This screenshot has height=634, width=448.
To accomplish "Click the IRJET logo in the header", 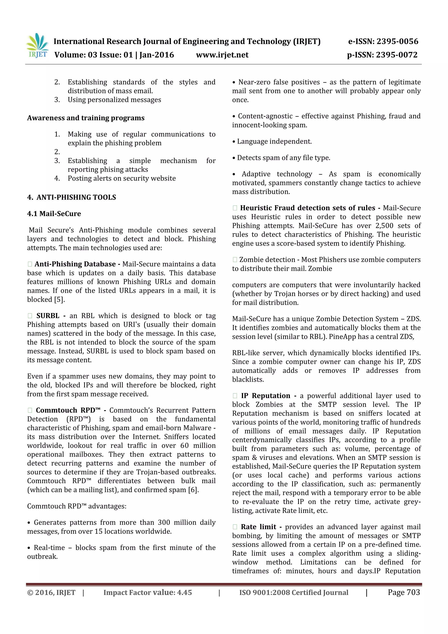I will click(37, 45).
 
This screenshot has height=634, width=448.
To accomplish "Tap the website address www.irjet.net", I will click(222, 55).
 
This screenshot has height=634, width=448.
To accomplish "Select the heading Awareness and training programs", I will click(86, 118).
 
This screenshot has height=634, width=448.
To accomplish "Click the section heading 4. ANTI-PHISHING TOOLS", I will click(72, 197).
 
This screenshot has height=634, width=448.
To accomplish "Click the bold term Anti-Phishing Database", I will click(75, 264).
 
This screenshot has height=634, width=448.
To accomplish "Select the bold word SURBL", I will click(48, 316).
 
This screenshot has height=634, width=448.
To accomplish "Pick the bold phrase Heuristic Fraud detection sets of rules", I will click(308, 208).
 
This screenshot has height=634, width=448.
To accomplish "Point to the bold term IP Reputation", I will click(265, 395).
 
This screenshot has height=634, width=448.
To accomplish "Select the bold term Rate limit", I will click(258, 527).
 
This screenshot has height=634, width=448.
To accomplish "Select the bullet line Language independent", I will click(274, 141).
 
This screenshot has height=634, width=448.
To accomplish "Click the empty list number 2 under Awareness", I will click(57, 152).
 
